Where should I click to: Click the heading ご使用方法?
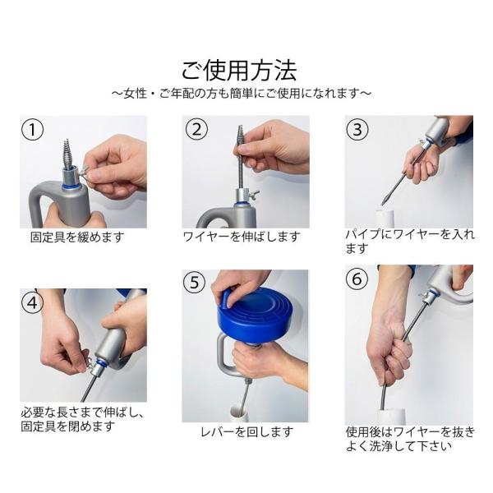pos(239,71)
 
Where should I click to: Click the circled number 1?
pos(32,130)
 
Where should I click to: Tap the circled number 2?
pos(196,129)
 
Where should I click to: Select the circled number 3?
pos(357,130)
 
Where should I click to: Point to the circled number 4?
pos(32,302)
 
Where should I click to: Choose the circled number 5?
pos(194,282)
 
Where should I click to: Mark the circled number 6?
pos(357,279)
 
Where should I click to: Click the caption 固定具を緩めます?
pos(77,237)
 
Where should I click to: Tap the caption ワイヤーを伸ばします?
pos(242,237)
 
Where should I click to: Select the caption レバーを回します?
pos(247,432)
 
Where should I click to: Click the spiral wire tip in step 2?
pos(240,136)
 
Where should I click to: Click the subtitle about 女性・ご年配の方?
pos(242,94)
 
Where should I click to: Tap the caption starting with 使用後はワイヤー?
pos(410,439)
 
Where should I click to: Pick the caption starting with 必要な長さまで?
pos(82,419)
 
